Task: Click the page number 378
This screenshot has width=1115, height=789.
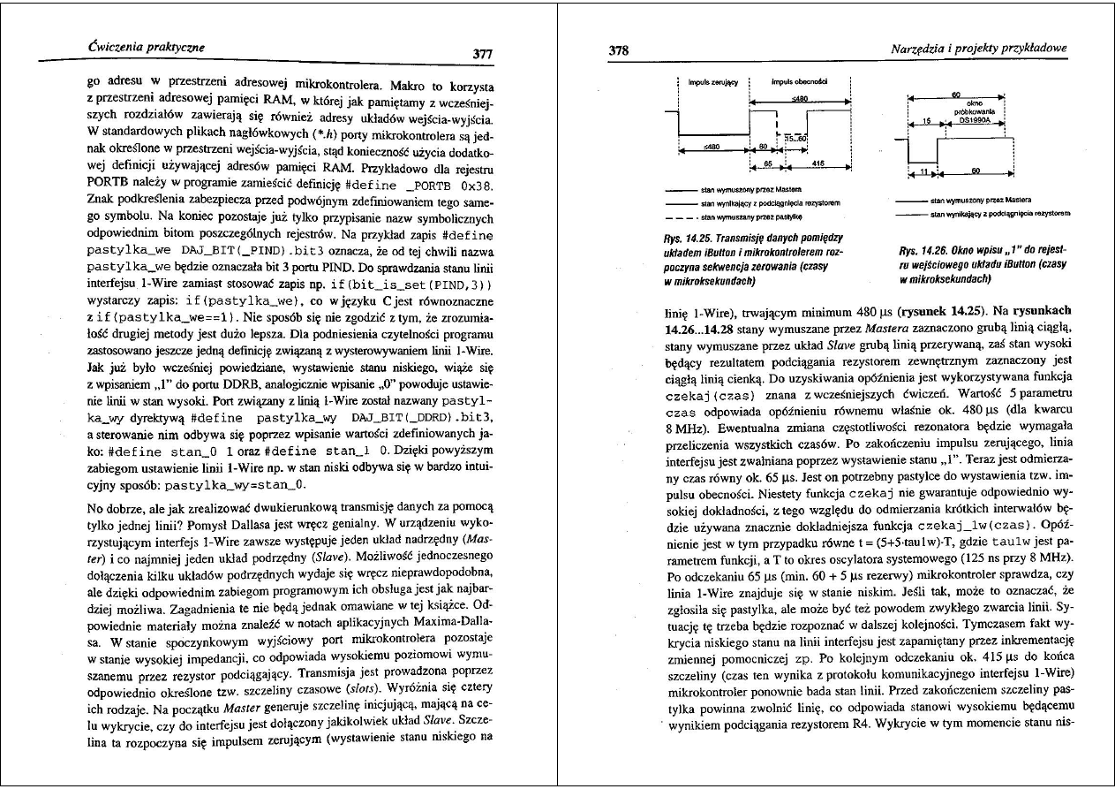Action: [x=619, y=50]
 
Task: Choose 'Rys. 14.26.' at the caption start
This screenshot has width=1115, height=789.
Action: [x=923, y=238]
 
